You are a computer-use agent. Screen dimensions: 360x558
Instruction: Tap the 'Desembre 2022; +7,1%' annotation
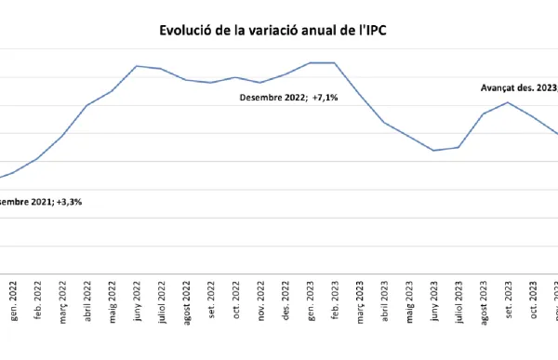[x=287, y=97]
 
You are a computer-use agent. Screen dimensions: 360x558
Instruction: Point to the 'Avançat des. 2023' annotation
[x=518, y=88]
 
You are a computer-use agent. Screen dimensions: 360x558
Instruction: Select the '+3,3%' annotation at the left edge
[x=42, y=202]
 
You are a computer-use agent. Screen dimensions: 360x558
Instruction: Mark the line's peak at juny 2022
[x=137, y=66]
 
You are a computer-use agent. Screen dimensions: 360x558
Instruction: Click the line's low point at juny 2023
[x=434, y=150]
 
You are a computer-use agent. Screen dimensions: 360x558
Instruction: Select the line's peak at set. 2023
[x=508, y=102]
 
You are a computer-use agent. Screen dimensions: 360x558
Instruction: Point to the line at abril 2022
[x=87, y=105]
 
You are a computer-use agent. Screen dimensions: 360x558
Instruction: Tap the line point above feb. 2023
[x=335, y=62]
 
